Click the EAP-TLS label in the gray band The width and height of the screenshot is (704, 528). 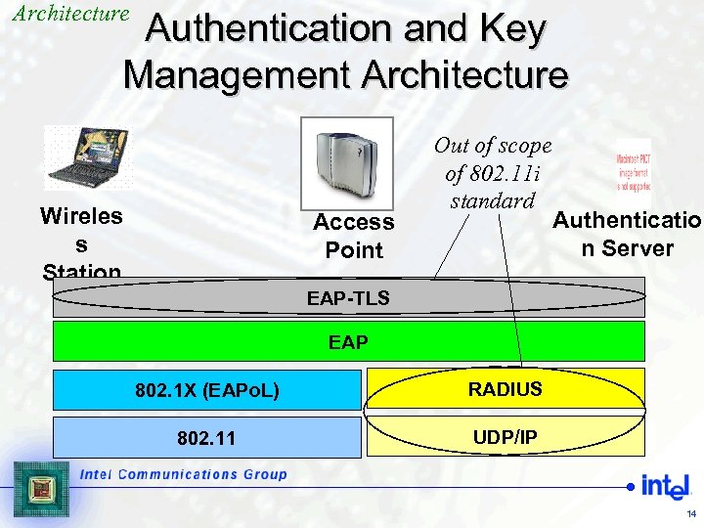coord(348,298)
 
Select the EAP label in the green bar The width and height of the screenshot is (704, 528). coord(348,343)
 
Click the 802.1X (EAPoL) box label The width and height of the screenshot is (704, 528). coord(207,391)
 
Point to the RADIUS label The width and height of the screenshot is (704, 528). coord(505,390)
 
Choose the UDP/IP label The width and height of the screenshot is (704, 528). coord(505,437)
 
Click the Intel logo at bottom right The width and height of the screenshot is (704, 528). coord(659,485)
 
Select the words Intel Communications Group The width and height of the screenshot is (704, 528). coord(183,474)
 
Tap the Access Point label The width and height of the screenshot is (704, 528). coord(354,236)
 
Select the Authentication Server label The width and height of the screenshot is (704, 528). coord(627,234)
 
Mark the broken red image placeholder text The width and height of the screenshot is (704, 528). coord(633,171)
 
